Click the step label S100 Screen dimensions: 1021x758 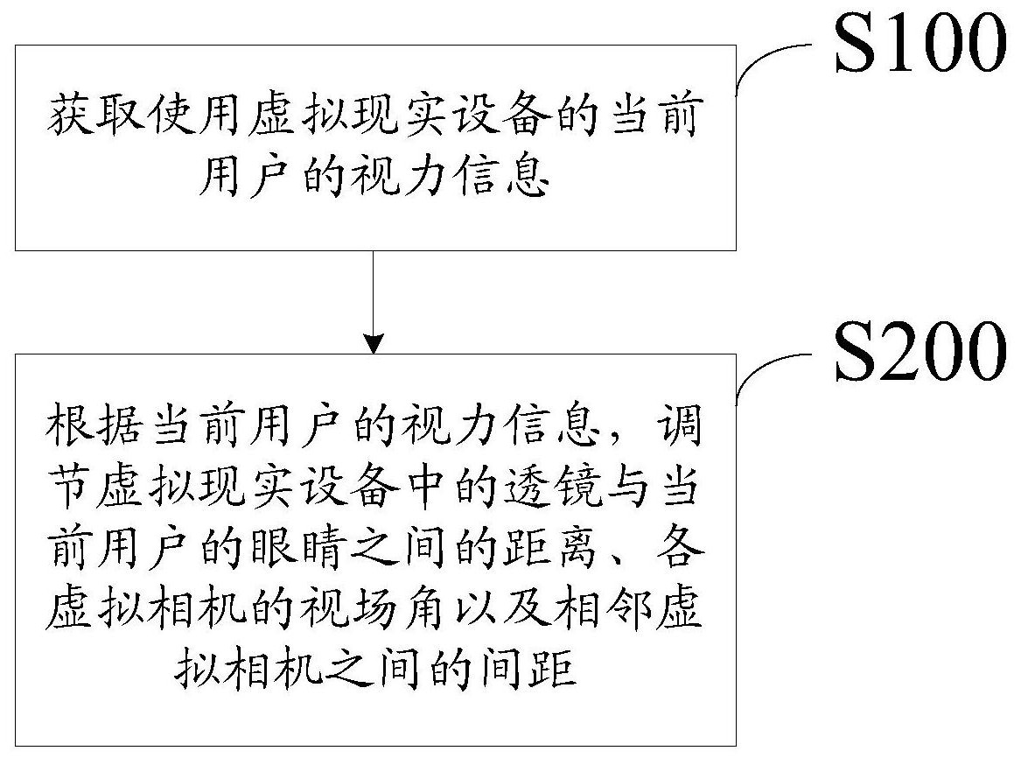(920, 42)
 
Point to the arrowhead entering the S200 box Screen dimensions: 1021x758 (374, 343)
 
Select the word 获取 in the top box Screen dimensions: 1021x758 (95, 116)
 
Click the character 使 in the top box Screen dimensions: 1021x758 (171, 116)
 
